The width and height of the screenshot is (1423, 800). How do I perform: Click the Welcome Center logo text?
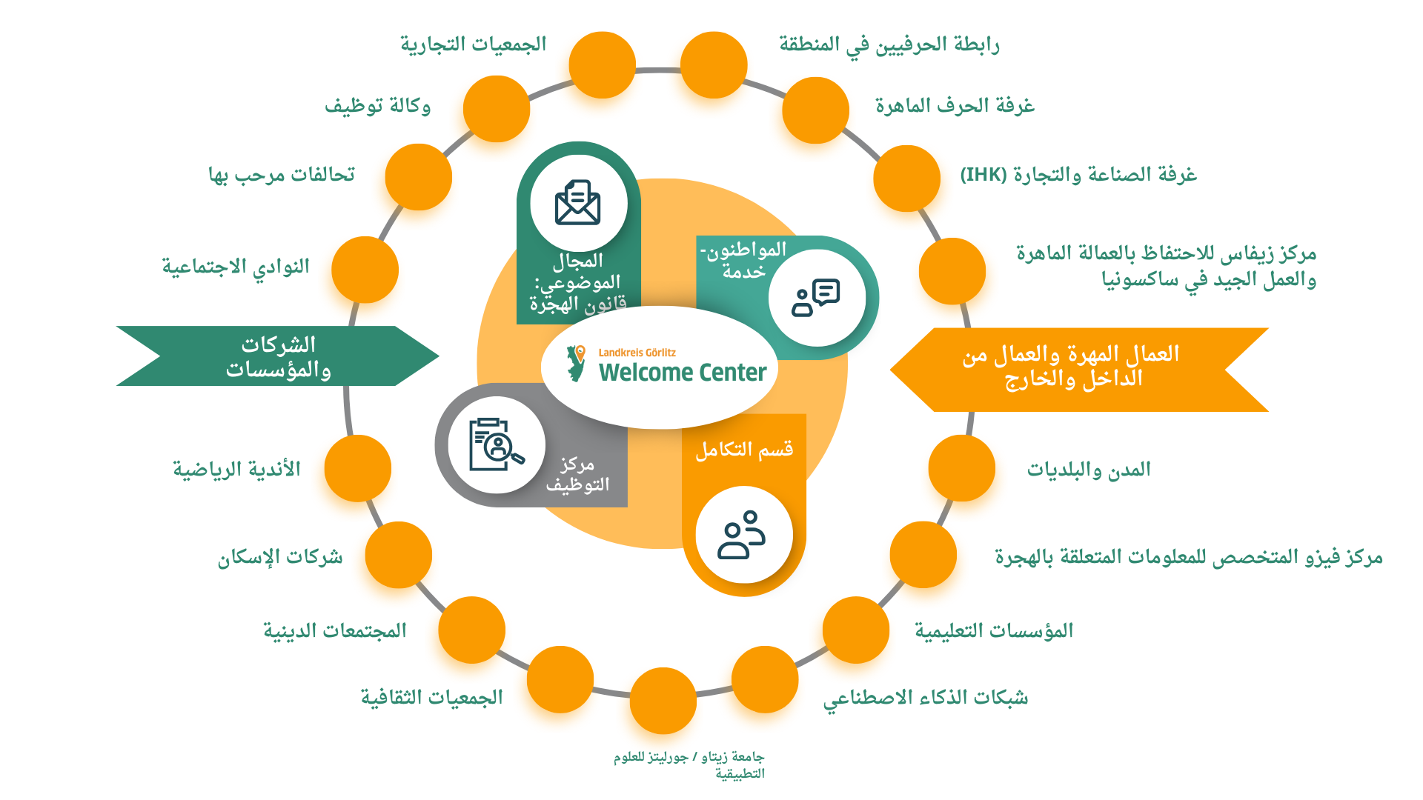(682, 371)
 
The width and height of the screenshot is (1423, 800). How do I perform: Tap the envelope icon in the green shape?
(577, 202)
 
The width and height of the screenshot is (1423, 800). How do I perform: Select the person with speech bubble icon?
(815, 298)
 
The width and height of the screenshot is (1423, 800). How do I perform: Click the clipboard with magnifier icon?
(496, 445)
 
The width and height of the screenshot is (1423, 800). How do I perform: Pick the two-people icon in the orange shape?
(742, 535)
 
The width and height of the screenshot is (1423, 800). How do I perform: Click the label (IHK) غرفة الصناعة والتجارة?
(1078, 175)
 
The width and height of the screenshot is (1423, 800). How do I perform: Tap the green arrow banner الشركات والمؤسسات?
(278, 356)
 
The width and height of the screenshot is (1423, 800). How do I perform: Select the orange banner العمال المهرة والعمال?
(1072, 367)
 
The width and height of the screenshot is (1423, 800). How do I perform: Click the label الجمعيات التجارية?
(474, 44)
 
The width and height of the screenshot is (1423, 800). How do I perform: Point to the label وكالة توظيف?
(377, 106)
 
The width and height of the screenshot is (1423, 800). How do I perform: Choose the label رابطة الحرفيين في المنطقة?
(889, 45)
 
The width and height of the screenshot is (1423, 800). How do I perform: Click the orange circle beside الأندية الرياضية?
(358, 468)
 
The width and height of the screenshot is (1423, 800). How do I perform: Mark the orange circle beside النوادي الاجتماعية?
(365, 270)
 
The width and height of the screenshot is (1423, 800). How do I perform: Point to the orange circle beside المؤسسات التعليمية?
(855, 630)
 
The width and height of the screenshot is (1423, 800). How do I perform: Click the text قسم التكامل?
(743, 450)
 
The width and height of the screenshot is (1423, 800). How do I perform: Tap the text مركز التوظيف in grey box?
(578, 474)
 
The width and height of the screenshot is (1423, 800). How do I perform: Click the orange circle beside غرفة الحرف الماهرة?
(815, 110)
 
